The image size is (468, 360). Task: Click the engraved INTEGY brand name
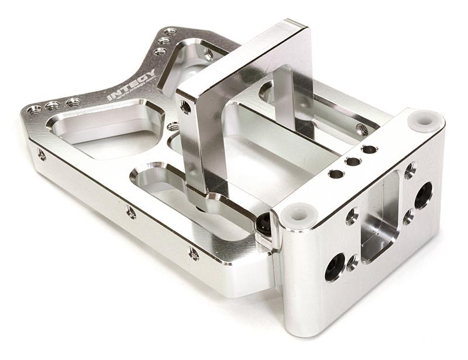[132, 85]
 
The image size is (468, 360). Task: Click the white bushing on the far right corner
[423, 119]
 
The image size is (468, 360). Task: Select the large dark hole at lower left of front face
[335, 267]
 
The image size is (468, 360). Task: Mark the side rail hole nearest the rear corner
[42, 155]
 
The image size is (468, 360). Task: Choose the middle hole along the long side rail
[131, 212]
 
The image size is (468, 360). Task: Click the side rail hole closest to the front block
[193, 253]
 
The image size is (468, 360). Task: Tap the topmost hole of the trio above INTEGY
[170, 32]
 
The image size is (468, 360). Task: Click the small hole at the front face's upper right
[410, 170]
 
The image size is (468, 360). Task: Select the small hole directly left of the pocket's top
[352, 216]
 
